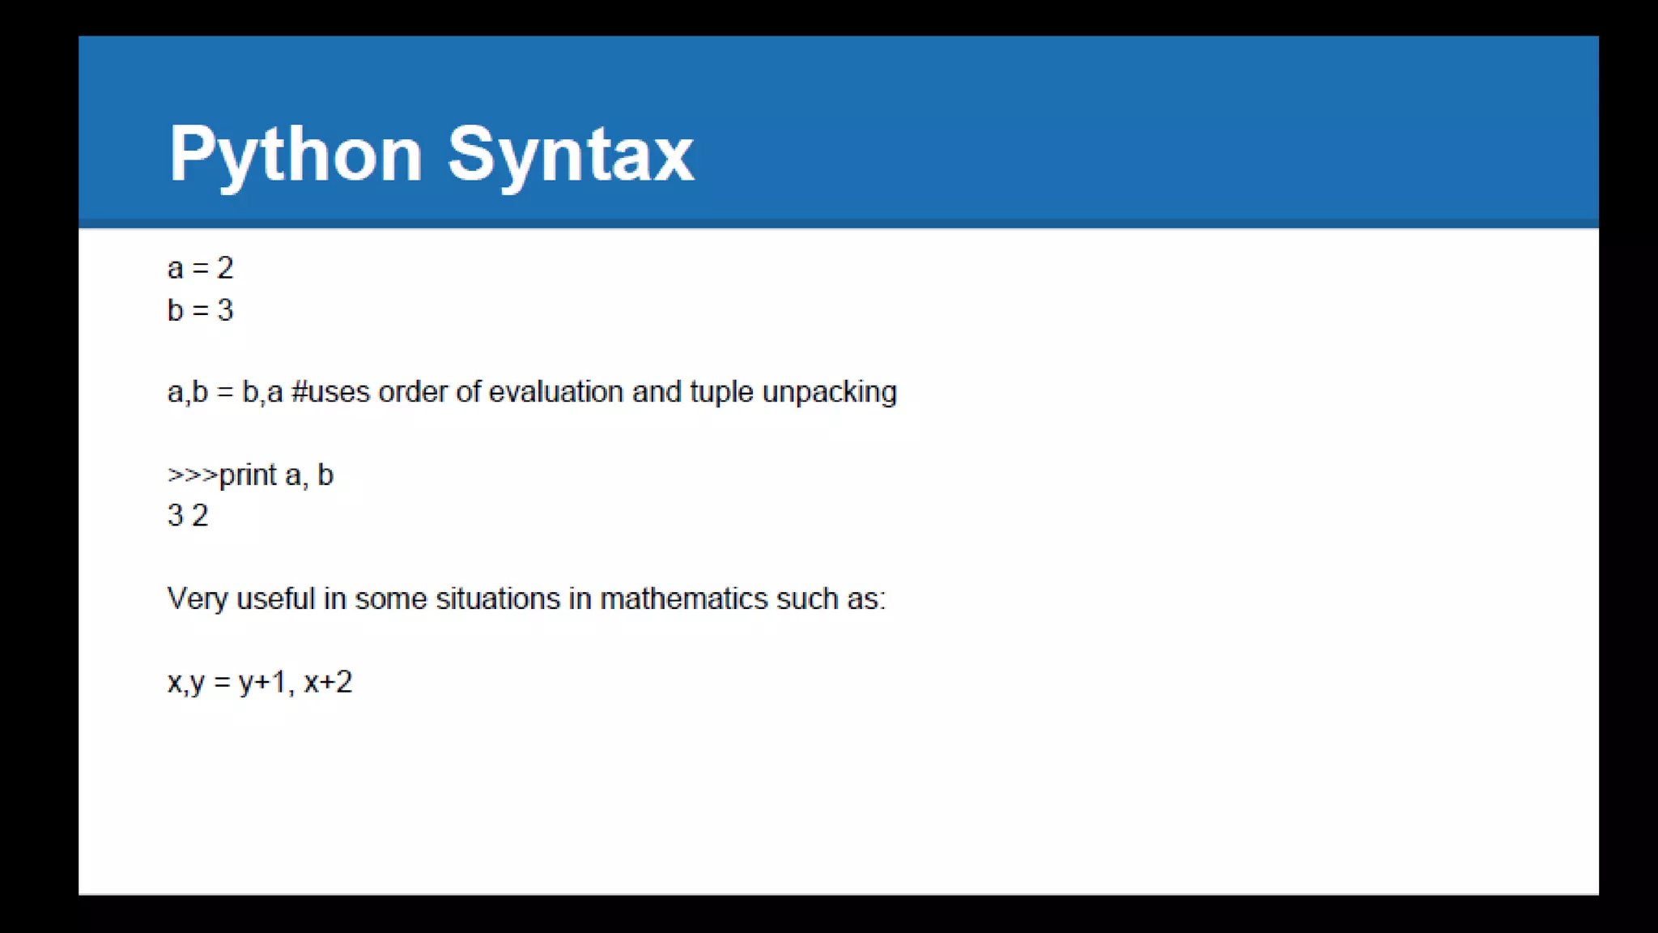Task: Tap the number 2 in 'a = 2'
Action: [225, 268]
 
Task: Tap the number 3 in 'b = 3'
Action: [225, 310]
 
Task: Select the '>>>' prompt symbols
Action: [192, 475]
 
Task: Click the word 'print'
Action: [248, 475]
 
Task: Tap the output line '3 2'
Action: [188, 516]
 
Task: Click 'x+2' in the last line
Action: [328, 683]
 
